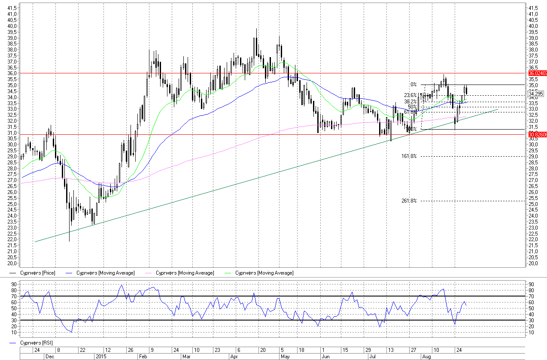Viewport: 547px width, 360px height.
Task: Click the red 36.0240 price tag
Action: [537, 73]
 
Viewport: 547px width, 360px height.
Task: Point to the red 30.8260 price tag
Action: [537, 135]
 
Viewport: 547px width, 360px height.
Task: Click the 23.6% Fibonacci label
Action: [410, 95]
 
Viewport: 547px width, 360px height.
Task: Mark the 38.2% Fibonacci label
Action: [410, 102]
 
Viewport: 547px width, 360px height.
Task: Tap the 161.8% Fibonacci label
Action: [409, 156]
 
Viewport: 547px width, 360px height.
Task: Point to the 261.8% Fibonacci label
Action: [409, 201]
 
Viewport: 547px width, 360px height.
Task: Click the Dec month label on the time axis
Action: [50, 357]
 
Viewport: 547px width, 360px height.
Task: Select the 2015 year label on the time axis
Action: [100, 357]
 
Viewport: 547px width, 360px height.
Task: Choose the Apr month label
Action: [234, 357]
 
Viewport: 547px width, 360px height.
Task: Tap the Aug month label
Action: [426, 357]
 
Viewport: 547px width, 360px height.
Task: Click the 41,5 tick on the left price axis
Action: [13, 8]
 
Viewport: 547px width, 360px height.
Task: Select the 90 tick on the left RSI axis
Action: [14, 284]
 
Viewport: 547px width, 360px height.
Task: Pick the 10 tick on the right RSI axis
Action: [532, 332]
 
